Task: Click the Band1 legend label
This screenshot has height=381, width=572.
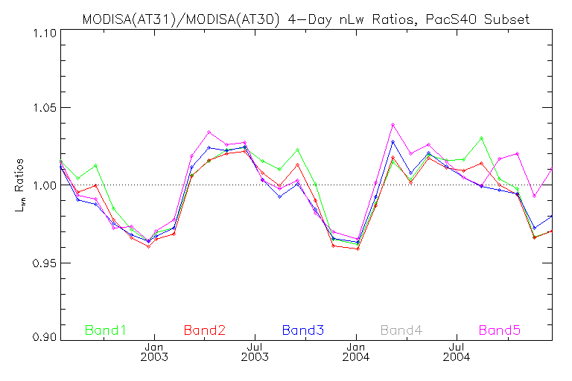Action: point(105,329)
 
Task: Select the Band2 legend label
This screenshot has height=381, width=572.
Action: point(204,329)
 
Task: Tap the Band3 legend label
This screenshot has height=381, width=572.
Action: point(302,329)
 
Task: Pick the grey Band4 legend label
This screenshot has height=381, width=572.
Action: point(401,329)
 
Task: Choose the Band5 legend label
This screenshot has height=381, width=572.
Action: point(500,329)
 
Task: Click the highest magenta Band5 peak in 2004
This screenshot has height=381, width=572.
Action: point(393,124)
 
